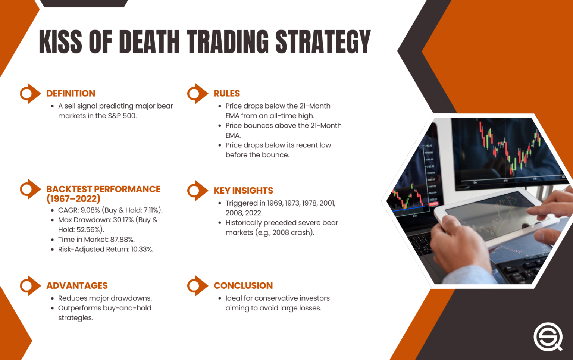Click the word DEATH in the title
(x=149, y=41)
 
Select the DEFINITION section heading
(x=71, y=93)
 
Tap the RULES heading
(x=226, y=93)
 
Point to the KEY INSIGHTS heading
(x=243, y=191)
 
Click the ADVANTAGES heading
(x=77, y=286)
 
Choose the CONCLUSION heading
(x=243, y=286)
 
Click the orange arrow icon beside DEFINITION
(x=29, y=93)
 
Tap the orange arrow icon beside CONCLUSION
(x=197, y=286)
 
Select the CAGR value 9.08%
(x=90, y=210)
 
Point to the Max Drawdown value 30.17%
(x=123, y=220)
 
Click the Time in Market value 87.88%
(x=122, y=240)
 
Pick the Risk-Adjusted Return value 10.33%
(x=142, y=249)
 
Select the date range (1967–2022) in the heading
(x=73, y=199)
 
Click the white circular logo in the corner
(x=548, y=336)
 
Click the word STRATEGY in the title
(x=323, y=41)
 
